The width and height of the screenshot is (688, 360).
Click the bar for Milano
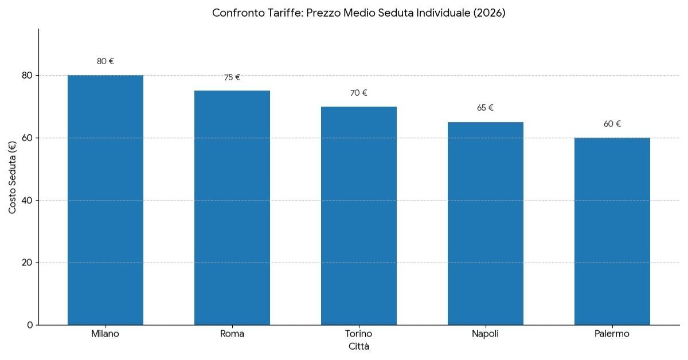pyautogui.click(x=105, y=200)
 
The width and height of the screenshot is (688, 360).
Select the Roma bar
pyautogui.click(x=232, y=208)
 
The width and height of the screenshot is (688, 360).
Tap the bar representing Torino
pyautogui.click(x=359, y=216)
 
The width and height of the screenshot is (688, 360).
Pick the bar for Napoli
pyautogui.click(x=486, y=224)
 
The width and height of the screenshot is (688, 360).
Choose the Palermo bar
pyautogui.click(x=612, y=231)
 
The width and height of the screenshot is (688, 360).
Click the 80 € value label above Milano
pyautogui.click(x=105, y=61)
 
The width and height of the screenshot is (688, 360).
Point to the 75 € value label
pyautogui.click(x=232, y=77)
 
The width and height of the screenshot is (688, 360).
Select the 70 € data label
pyautogui.click(x=359, y=93)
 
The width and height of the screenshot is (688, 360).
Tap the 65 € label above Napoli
pyautogui.click(x=486, y=108)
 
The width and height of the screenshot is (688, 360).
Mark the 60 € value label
pyautogui.click(x=612, y=124)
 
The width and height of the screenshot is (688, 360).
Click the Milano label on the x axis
pyautogui.click(x=105, y=334)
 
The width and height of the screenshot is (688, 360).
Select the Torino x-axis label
pyautogui.click(x=359, y=334)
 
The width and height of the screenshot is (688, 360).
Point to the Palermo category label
pyautogui.click(x=612, y=334)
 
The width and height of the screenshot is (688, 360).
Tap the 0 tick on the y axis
pyautogui.click(x=29, y=325)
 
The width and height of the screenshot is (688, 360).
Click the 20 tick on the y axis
pyautogui.click(x=27, y=263)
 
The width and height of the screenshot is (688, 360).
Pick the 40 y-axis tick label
pyautogui.click(x=27, y=200)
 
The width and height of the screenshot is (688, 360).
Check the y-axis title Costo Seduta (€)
pyautogui.click(x=13, y=177)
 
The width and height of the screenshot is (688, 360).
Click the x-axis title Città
pyautogui.click(x=359, y=347)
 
